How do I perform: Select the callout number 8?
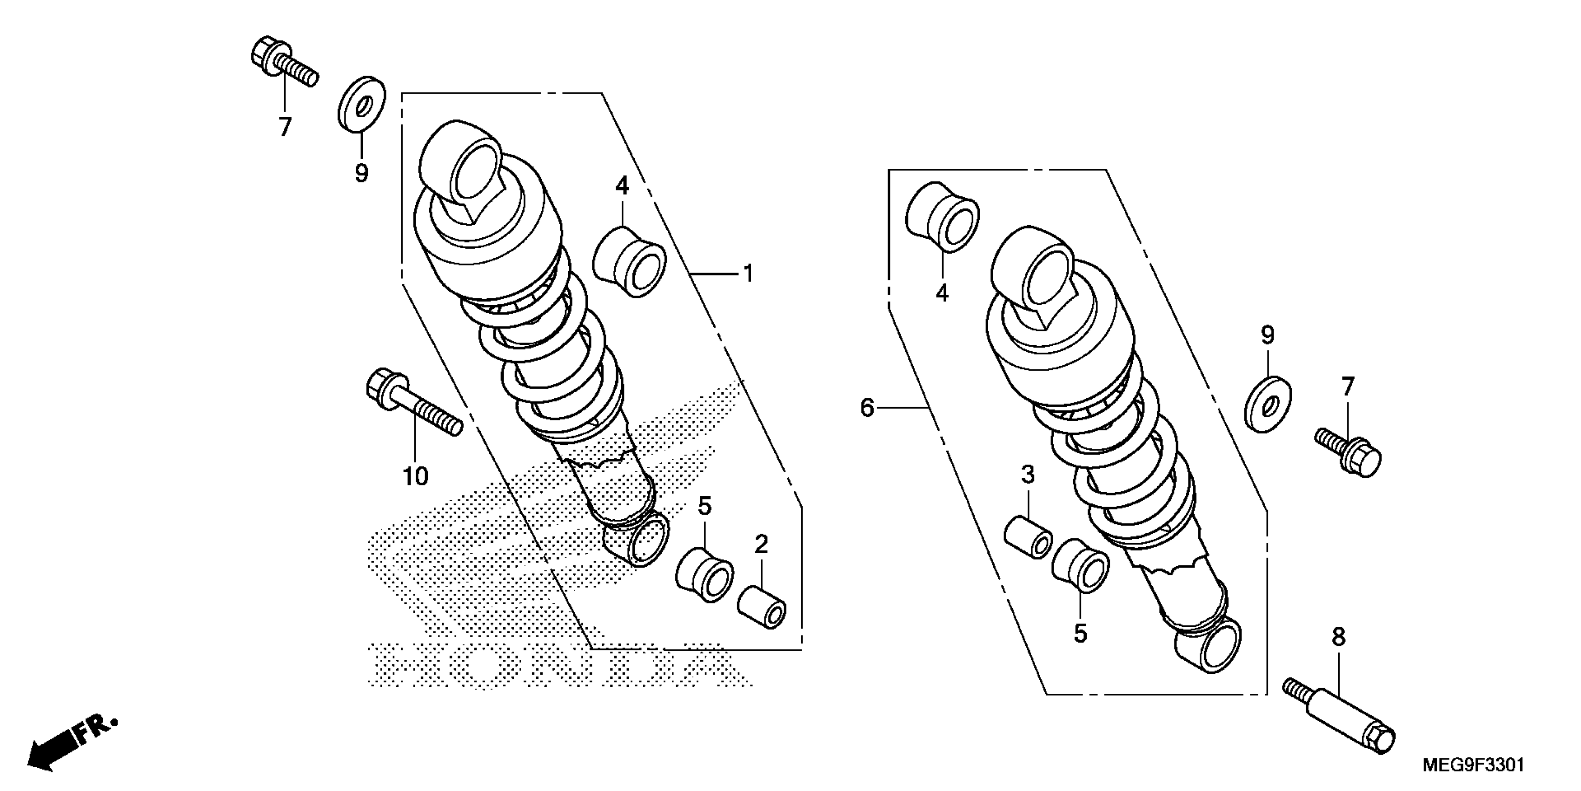1339,637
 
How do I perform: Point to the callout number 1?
748,273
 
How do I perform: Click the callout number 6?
867,407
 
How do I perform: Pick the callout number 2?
761,543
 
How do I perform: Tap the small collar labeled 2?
762,607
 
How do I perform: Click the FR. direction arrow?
71,742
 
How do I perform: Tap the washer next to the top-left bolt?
361,104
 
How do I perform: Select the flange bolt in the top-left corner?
283,65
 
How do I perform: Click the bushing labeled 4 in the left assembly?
629,261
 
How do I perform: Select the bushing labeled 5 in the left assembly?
704,574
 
